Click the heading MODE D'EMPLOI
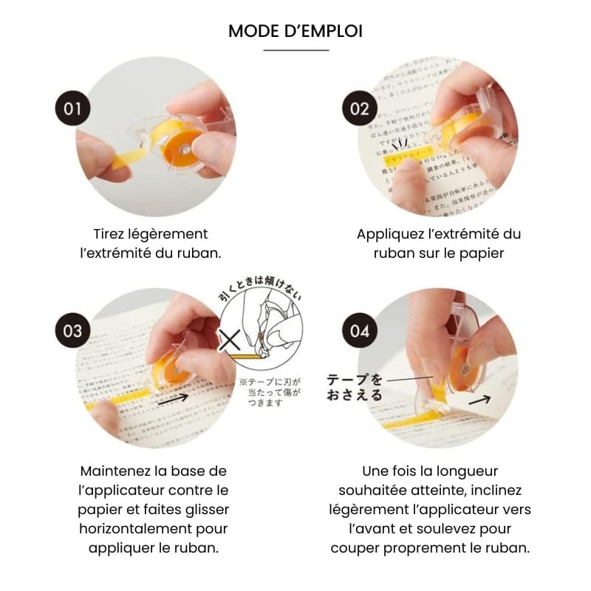[x=295, y=31]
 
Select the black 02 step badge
[x=360, y=109]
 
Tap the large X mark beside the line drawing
[x=230, y=342]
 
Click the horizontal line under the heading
[x=295, y=50]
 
